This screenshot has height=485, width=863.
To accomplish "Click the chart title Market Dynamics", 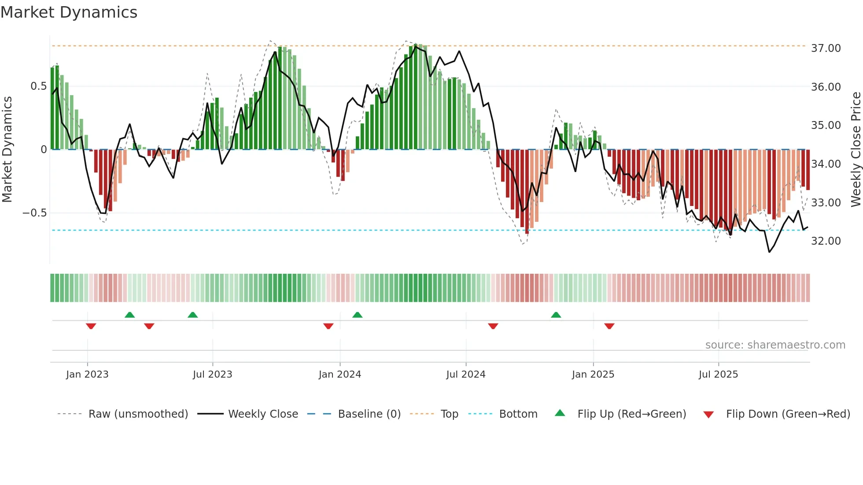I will (x=69, y=12).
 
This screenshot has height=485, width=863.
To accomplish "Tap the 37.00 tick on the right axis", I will (x=826, y=48).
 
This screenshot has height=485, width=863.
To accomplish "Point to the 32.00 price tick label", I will (x=826, y=241).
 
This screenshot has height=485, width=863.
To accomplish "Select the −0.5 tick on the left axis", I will (x=34, y=213).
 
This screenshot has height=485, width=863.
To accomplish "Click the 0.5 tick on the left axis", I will (x=38, y=86).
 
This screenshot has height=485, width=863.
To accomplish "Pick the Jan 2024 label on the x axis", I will (x=339, y=375).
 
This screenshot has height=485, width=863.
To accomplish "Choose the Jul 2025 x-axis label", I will (x=718, y=375).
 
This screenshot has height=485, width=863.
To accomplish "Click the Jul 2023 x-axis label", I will (x=212, y=375).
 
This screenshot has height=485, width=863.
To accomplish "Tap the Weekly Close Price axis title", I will (x=856, y=150).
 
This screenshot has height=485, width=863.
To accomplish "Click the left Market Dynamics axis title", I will (x=7, y=150).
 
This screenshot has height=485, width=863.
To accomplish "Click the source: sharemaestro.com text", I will (x=775, y=345).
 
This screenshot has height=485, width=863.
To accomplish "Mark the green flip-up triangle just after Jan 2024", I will (x=358, y=315).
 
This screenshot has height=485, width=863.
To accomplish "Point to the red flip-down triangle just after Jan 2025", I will (x=609, y=326).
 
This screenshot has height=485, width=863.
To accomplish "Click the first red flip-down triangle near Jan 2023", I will (x=91, y=326).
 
